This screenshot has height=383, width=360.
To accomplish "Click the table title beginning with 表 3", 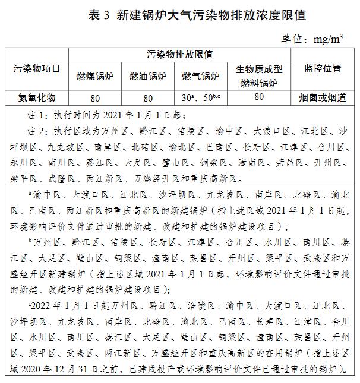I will [x=180, y=14].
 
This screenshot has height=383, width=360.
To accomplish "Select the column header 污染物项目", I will [x=36, y=68].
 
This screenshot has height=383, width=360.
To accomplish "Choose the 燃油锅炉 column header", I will [x=147, y=76].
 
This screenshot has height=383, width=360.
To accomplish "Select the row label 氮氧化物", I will [x=36, y=97].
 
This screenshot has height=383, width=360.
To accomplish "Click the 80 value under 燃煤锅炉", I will [x=94, y=97].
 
